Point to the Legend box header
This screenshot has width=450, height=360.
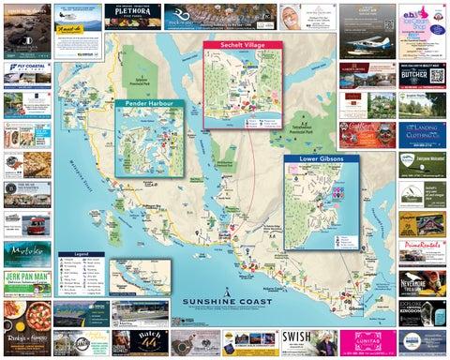tap(82, 253)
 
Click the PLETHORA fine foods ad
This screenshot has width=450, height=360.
tap(138, 16)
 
